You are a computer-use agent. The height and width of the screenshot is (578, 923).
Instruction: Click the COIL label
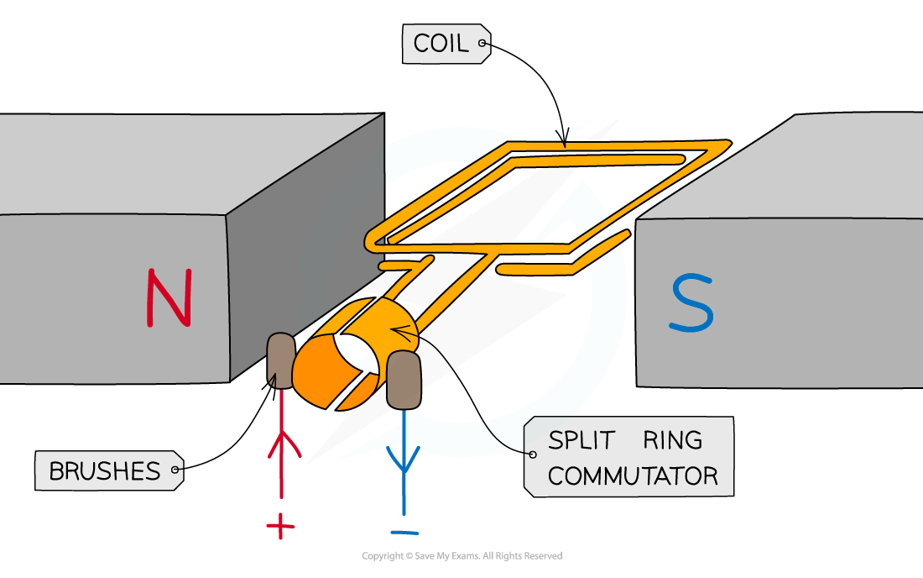tap(442, 44)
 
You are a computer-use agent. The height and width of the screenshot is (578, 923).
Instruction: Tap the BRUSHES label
tap(104, 471)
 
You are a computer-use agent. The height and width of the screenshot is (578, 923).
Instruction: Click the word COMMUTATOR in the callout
tap(632, 476)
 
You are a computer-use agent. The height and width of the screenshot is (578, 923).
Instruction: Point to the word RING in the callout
tap(673, 440)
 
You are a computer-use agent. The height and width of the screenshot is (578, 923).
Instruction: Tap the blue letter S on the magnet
tap(691, 303)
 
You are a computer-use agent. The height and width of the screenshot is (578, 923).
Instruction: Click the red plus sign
tap(280, 528)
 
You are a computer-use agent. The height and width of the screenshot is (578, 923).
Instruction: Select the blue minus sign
tap(404, 531)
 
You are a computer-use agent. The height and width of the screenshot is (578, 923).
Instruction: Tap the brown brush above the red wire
tap(281, 360)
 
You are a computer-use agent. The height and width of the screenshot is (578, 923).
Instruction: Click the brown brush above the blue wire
tap(404, 381)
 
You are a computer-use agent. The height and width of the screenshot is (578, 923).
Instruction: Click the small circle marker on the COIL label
tap(482, 43)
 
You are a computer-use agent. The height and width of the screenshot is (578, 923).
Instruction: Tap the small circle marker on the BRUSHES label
tap(175, 470)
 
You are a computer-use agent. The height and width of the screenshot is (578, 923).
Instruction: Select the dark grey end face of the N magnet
tap(306, 252)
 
